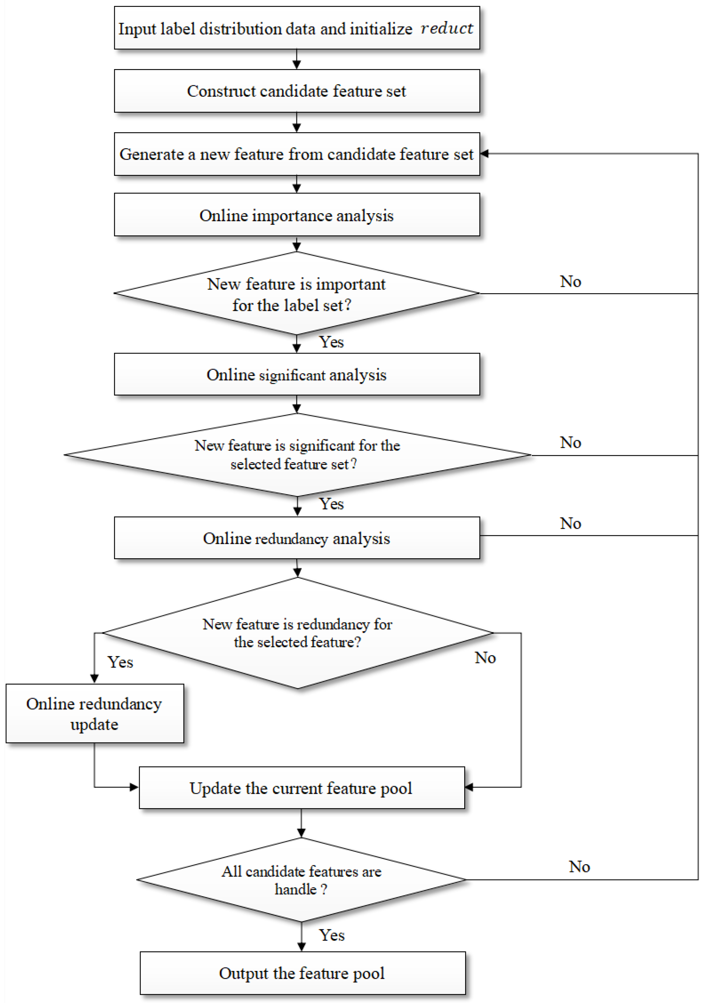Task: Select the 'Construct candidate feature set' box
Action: (x=297, y=91)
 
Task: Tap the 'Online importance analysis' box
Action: (x=297, y=215)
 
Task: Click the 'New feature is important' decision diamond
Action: (x=297, y=293)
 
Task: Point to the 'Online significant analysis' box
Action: (x=297, y=374)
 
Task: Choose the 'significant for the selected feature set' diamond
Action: (x=297, y=454)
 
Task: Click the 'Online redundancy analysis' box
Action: (x=297, y=538)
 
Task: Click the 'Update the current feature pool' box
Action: (x=301, y=788)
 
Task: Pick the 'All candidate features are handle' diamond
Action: (x=301, y=880)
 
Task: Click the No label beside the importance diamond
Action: (x=570, y=282)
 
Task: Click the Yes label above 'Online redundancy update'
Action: (x=120, y=662)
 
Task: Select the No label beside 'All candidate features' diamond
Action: (x=579, y=867)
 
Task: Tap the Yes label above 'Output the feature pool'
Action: (x=332, y=935)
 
